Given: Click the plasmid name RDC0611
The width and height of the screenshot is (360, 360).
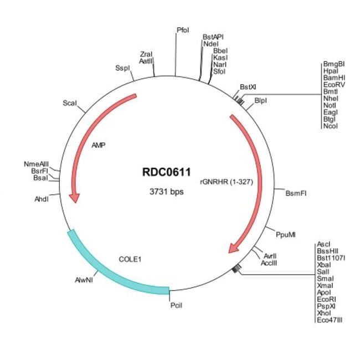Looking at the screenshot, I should coord(167,172).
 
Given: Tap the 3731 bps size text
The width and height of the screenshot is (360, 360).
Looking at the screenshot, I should coord(167,192).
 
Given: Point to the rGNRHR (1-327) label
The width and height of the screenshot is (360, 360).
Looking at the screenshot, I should coord(227,181).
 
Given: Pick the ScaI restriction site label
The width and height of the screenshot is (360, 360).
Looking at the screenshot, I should coord(70,103).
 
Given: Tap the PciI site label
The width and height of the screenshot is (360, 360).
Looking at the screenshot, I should coord(177,304).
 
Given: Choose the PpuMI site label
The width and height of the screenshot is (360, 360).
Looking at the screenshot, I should coord(286,234).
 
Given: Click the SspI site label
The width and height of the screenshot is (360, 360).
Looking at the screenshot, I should coord(122,68).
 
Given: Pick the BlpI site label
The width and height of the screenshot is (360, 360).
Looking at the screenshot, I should coord(261,100).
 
